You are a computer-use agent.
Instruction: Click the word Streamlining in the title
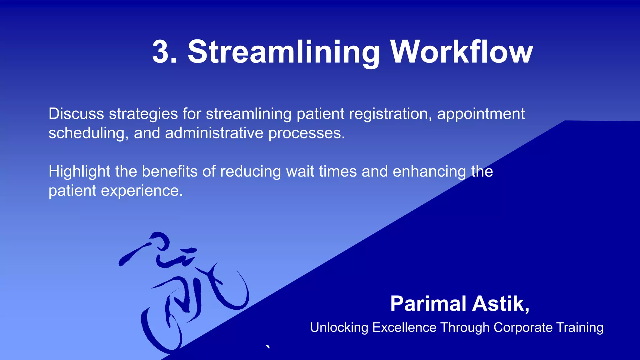point(283,52)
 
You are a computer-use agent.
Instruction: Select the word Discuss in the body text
point(76,114)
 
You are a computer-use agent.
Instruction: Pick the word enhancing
point(429,172)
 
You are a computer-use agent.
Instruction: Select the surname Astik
point(500,304)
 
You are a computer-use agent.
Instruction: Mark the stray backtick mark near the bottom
point(268,347)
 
